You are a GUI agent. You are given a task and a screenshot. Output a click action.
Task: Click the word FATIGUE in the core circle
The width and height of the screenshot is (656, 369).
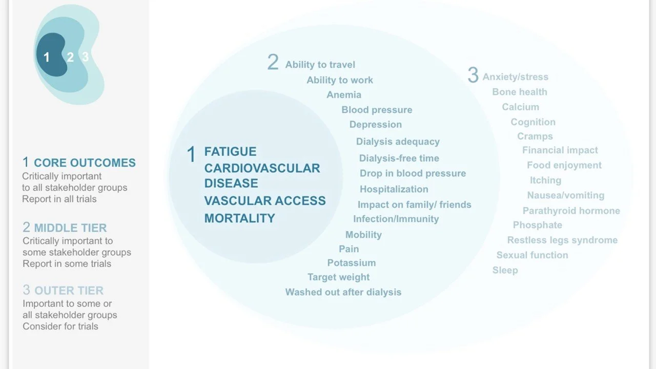coord(230,152)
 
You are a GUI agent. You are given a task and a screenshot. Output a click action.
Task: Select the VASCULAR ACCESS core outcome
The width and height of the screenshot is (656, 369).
coord(264,201)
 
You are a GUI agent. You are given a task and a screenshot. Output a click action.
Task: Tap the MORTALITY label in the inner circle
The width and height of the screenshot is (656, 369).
coord(239,218)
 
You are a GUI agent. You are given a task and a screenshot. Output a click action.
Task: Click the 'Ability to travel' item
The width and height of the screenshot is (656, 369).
coord(320,65)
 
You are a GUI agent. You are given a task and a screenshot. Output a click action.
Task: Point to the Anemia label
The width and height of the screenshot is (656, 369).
coord(344,95)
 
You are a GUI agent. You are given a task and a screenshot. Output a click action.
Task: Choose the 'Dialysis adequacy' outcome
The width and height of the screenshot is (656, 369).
coord(398,141)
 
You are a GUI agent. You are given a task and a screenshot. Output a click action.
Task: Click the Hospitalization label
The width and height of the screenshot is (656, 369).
coord(394,189)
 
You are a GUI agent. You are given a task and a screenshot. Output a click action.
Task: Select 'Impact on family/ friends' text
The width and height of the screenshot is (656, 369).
coord(414,204)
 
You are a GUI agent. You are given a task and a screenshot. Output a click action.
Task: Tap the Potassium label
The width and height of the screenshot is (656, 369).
coord(352,263)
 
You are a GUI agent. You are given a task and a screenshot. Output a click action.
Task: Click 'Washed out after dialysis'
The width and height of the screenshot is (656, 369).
coord(343,292)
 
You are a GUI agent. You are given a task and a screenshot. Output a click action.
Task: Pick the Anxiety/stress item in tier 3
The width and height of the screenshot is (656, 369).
coord(515,77)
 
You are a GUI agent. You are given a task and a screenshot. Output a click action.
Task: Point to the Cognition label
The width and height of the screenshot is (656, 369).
coord(533,122)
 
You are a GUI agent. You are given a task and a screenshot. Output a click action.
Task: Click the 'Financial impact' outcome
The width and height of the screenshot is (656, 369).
coord(560,150)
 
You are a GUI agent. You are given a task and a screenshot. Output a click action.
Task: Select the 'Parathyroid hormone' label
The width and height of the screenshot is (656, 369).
coord(571,211)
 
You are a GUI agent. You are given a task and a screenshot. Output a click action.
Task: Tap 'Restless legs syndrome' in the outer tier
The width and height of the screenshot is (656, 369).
coord(562,240)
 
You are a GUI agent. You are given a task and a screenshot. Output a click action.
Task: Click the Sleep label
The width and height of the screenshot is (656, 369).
coord(505,270)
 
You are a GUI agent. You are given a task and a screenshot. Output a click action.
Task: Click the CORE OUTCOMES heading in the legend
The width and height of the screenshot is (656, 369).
coord(85,163)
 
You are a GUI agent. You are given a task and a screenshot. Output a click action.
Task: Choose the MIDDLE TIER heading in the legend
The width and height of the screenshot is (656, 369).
coord(71,228)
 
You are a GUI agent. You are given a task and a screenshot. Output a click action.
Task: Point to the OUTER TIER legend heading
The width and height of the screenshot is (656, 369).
coord(69,291)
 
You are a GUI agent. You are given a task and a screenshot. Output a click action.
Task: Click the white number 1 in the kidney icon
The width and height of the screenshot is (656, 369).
coord(47,57)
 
